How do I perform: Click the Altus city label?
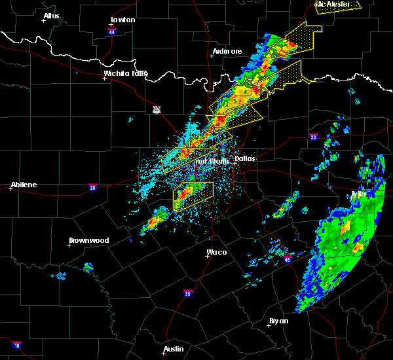click(x=50, y=16)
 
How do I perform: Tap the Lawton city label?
click(x=122, y=20)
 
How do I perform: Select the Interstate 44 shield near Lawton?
click(x=112, y=31)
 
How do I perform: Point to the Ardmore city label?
click(x=227, y=51)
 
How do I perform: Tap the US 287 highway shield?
click(x=157, y=109)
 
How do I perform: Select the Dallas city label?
click(x=244, y=158)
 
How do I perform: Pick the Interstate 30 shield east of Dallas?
click(x=313, y=137)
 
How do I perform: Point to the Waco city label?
click(x=217, y=252)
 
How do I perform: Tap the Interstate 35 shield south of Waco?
click(x=188, y=293)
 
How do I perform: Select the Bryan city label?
click(x=278, y=321)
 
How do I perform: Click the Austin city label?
click(x=174, y=349)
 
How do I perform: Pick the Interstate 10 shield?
click(x=16, y=344)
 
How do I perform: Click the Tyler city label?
click(x=358, y=194)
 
